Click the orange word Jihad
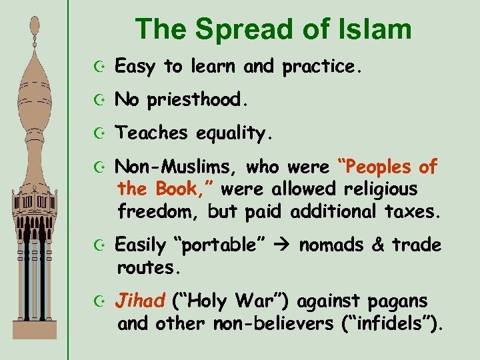point(139,301)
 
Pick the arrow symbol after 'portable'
point(280,245)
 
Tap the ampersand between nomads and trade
point(378,245)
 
